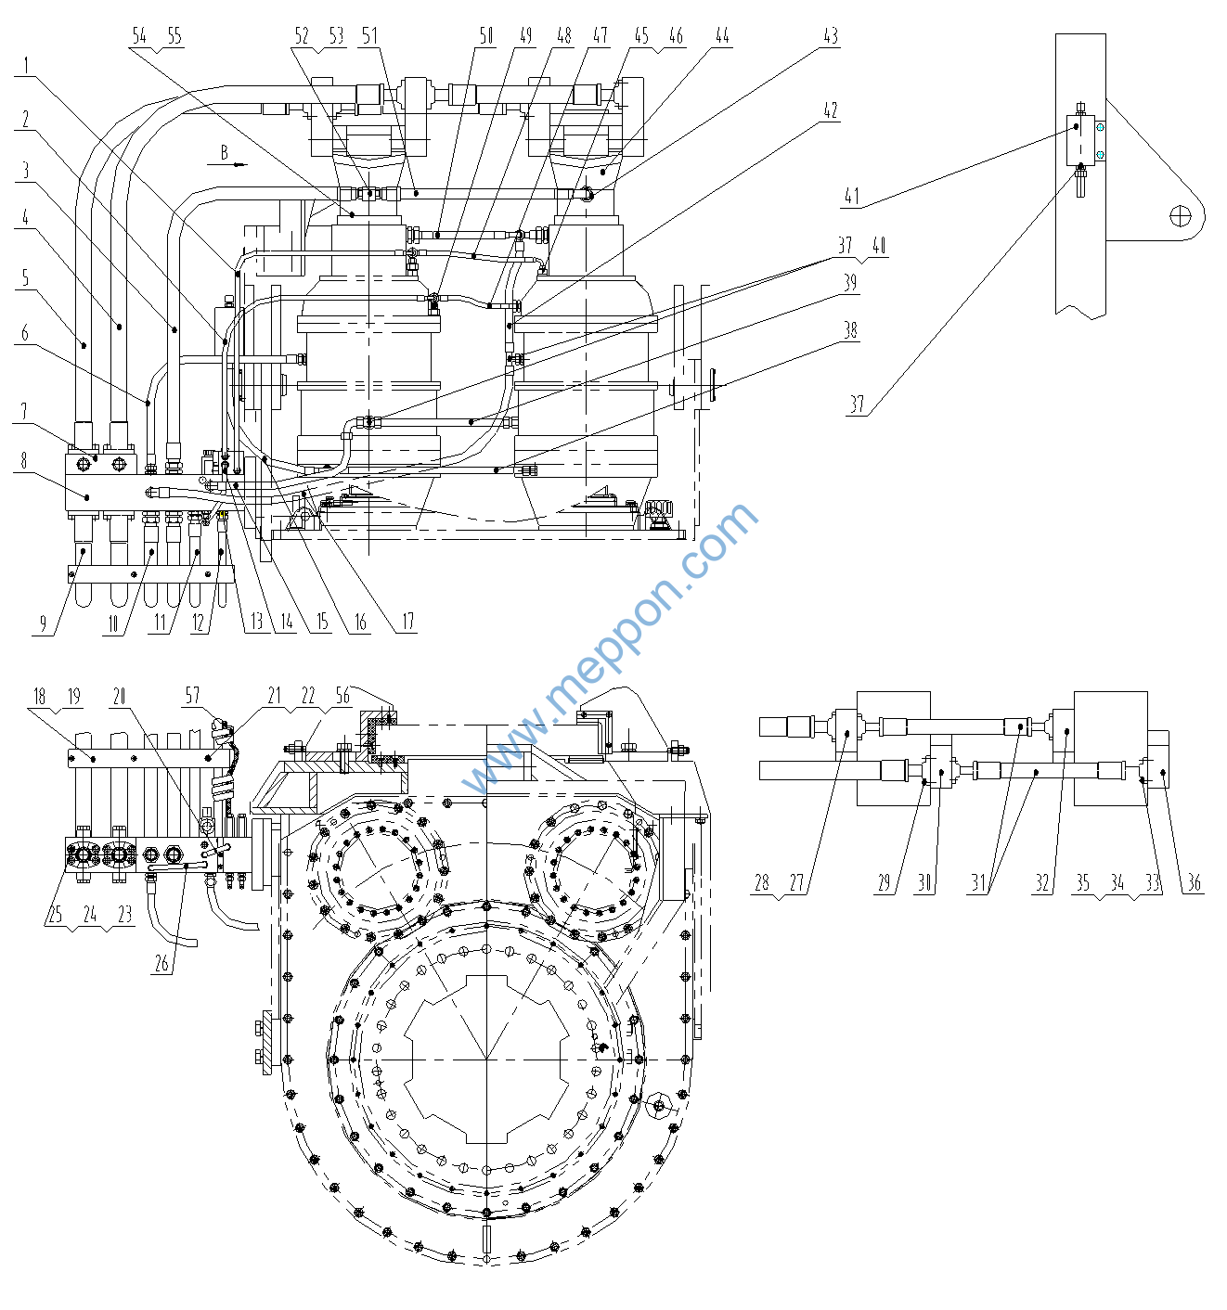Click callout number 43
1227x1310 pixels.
tap(831, 36)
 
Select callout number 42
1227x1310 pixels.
tap(831, 110)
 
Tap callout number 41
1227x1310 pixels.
tap(852, 197)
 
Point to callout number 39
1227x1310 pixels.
tap(850, 283)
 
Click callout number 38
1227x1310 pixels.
tap(850, 330)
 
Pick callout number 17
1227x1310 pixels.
tap(407, 622)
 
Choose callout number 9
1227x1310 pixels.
tap(43, 623)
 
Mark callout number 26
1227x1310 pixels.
tap(161, 963)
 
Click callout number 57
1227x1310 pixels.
tap(192, 696)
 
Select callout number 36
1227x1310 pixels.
tap(1194, 882)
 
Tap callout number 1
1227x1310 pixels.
tap(27, 65)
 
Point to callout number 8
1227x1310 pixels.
tap(24, 460)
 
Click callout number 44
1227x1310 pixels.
tap(722, 36)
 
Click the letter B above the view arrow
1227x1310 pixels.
tap(224, 152)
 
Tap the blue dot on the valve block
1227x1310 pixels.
tap(1100, 155)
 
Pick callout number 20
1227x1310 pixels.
tap(119, 696)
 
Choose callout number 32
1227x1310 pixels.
tap(1042, 882)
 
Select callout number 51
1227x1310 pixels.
tap(370, 36)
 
